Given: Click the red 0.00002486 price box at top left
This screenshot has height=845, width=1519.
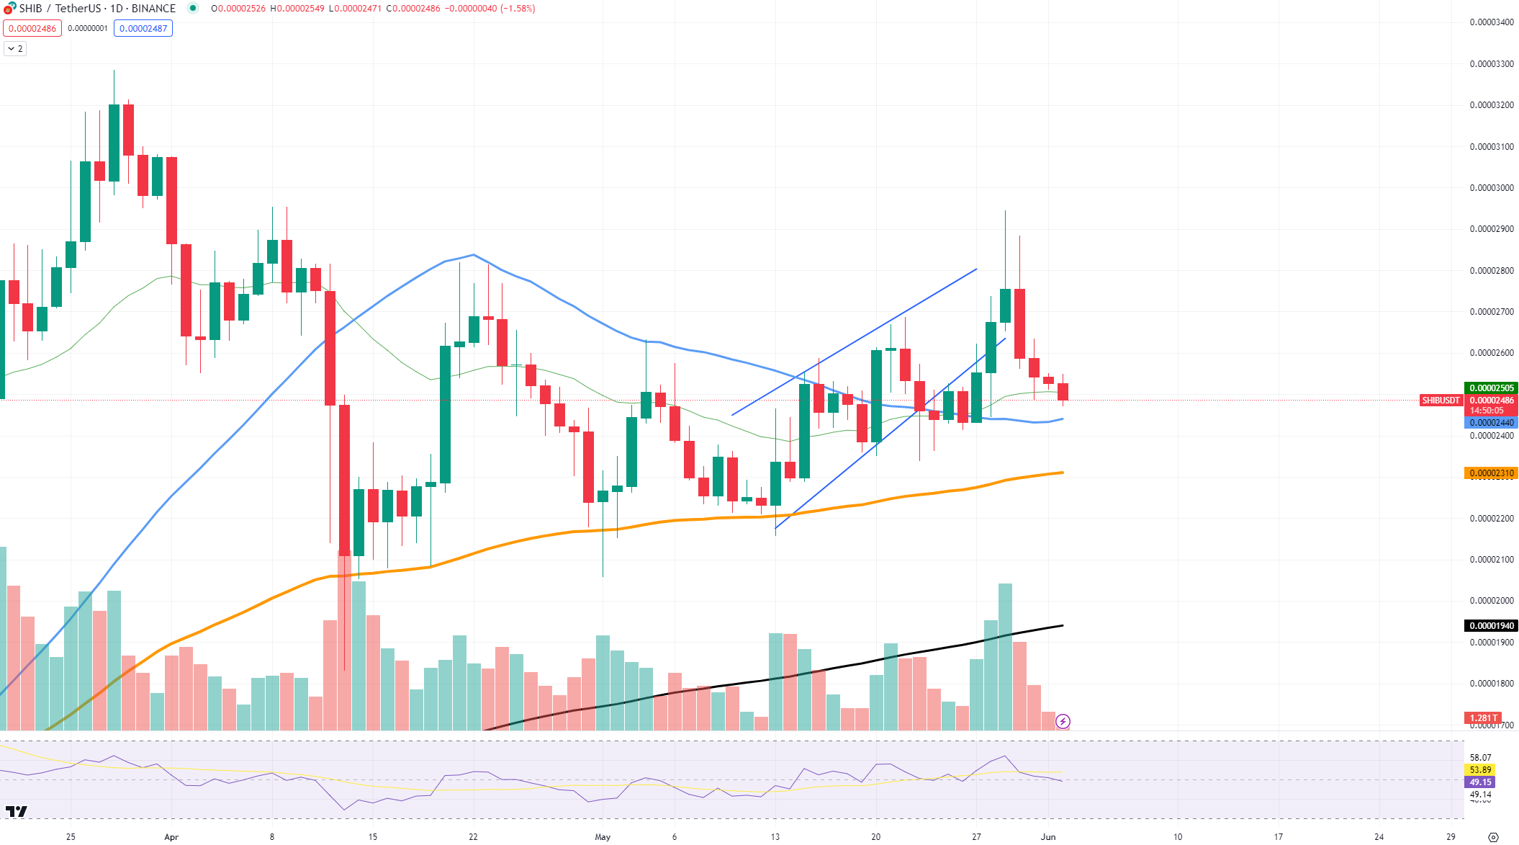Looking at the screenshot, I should click(32, 29).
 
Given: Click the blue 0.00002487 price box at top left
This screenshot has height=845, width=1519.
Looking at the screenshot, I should click(143, 29).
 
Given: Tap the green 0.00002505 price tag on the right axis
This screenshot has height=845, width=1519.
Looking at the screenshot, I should click(1491, 388).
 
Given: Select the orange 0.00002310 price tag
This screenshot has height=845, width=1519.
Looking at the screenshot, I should click(1491, 473).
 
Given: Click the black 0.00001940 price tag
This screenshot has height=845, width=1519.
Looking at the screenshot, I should click(1491, 626).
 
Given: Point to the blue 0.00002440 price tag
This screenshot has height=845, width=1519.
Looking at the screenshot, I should click(1491, 423).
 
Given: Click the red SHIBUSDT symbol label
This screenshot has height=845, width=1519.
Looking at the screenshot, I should click(1441, 401).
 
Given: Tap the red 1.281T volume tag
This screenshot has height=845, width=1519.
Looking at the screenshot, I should click(1483, 718).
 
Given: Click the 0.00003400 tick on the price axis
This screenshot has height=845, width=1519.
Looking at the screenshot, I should click(1491, 22).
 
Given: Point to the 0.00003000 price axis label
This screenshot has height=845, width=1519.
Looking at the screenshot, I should click(1491, 188).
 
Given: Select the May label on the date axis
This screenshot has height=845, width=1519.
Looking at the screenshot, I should click(603, 837).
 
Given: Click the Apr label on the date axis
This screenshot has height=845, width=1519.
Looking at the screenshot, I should click(171, 837).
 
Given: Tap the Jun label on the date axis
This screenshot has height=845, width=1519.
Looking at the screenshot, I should click(1048, 837).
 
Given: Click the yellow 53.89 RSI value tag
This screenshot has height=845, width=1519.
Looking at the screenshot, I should click(1480, 770).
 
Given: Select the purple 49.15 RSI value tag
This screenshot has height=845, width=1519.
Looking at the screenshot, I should click(1480, 782).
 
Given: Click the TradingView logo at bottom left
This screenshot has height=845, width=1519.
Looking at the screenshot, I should click(17, 812).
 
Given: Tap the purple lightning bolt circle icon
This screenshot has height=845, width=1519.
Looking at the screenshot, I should click(1063, 721).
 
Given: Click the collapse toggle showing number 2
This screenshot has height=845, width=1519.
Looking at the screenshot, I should click(15, 49).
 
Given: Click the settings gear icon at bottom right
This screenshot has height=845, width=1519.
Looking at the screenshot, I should click(1493, 837).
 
